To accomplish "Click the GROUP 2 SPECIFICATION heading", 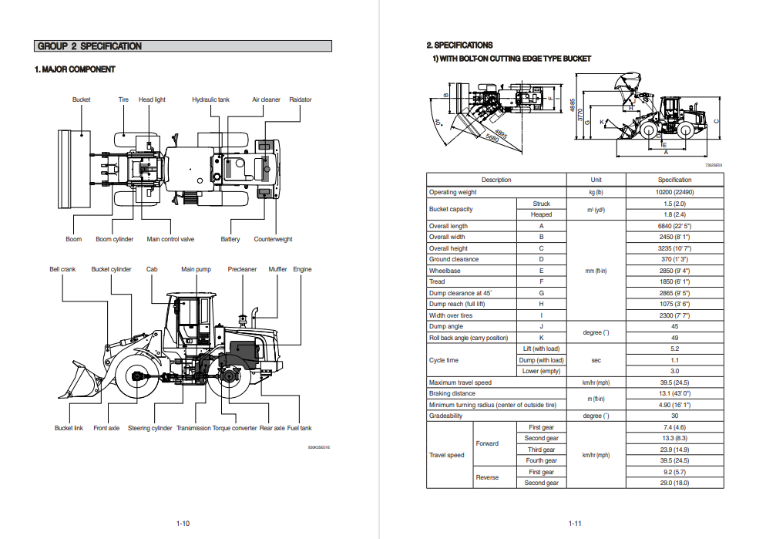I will click(90, 46).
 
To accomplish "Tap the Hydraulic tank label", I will click(210, 99).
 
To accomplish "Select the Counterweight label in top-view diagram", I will click(273, 239).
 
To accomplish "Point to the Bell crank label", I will click(62, 269).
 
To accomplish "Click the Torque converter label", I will click(234, 428).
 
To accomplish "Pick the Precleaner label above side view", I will click(242, 269).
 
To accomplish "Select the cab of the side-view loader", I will click(190, 320).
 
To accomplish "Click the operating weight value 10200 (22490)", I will click(674, 192).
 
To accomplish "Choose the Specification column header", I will click(674, 180).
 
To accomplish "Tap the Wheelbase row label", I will click(444, 271).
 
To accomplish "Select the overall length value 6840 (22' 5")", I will click(674, 226).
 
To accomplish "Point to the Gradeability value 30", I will click(674, 416).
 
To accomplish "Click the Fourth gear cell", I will click(541, 460).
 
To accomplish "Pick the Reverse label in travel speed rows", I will click(487, 477).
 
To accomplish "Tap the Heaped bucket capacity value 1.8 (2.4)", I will click(674, 214).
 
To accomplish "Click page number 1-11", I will click(575, 524).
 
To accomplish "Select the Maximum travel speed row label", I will click(460, 382).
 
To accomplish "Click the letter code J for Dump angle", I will click(541, 326).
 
